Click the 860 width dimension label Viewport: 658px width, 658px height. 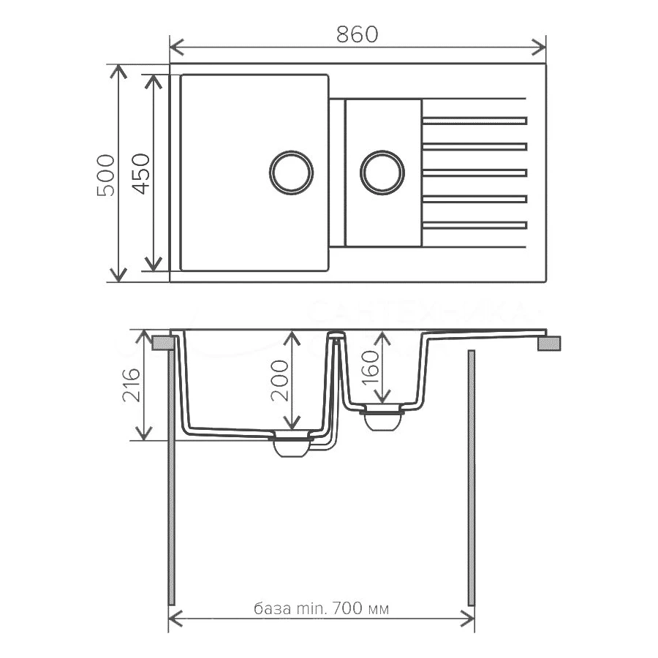tap(358, 34)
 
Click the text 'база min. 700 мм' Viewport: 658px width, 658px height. tap(321, 608)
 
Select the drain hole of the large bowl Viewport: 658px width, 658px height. tap(291, 173)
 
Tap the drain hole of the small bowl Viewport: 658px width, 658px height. tap(382, 173)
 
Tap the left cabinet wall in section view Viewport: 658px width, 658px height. tap(172, 475)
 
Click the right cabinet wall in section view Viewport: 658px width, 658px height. tap(471, 475)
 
